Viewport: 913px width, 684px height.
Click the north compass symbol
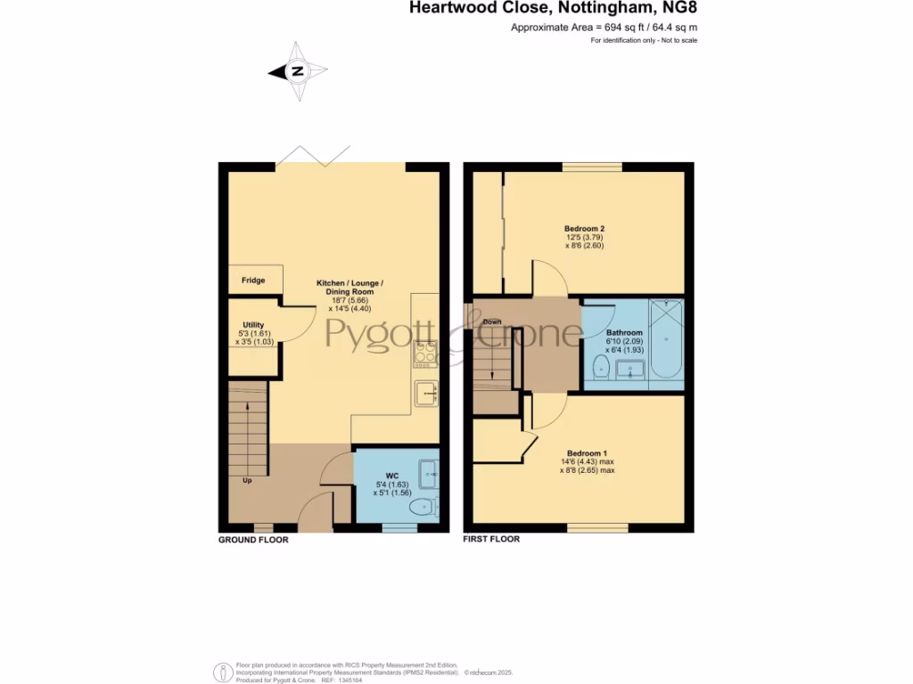point(298,71)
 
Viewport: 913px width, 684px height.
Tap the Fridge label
point(253,281)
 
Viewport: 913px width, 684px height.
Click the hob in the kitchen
point(425,354)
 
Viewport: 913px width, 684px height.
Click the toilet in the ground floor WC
point(420,507)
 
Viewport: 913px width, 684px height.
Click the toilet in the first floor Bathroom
point(601,368)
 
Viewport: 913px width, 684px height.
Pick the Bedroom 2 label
point(578,229)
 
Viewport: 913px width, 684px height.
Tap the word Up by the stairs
point(247,481)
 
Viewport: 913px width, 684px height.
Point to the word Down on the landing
point(491,322)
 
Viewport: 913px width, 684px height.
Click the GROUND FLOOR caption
point(253,540)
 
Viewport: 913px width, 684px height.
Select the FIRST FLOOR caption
point(491,540)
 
